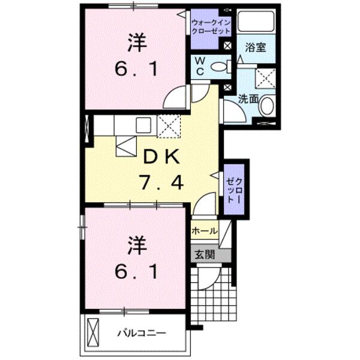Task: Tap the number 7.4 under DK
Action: (160, 182)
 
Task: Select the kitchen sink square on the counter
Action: (143, 125)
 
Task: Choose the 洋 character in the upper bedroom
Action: (136, 43)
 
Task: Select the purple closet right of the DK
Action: (233, 189)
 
